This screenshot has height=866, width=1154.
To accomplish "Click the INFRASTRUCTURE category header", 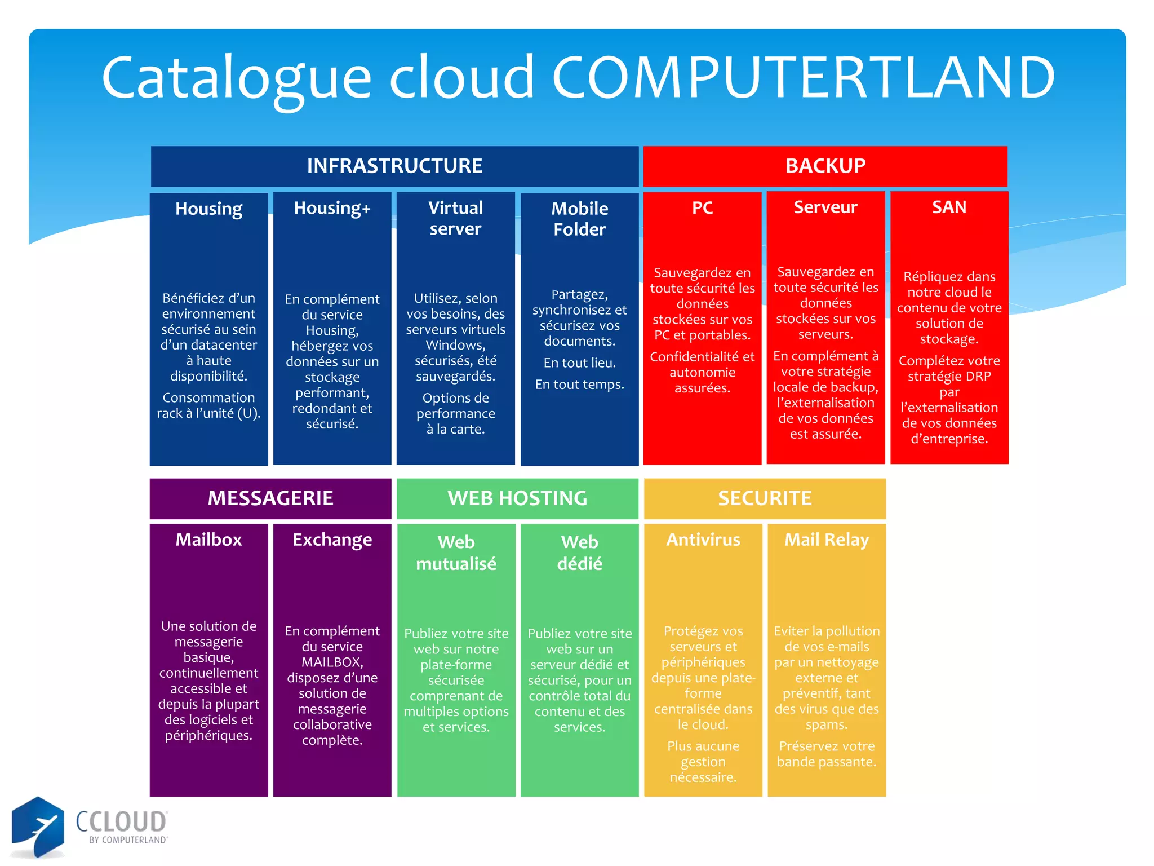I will click(394, 166).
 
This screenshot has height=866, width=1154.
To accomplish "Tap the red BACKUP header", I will click(825, 166).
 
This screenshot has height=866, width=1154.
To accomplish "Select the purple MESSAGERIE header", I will click(270, 498).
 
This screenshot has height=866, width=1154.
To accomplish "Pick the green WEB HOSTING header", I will click(517, 498).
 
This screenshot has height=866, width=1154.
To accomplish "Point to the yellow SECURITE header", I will click(765, 498).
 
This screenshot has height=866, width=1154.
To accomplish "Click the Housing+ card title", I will click(332, 208).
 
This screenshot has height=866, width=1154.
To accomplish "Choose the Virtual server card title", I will click(455, 218).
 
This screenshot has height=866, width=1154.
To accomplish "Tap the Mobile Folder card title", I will click(579, 219).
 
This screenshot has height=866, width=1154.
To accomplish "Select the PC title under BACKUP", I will click(702, 207).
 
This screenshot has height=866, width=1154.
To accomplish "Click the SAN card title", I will click(949, 207).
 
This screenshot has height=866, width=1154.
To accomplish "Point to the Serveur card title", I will click(825, 207).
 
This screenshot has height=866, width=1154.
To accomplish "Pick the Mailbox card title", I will click(208, 540).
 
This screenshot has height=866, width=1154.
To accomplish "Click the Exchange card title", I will click(332, 540).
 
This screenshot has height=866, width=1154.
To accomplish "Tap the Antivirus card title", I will click(703, 540).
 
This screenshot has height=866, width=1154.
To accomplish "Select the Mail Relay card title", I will click(827, 540).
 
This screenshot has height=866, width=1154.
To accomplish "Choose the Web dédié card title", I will click(579, 553).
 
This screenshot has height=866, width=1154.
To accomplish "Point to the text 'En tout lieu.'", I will click(579, 363).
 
